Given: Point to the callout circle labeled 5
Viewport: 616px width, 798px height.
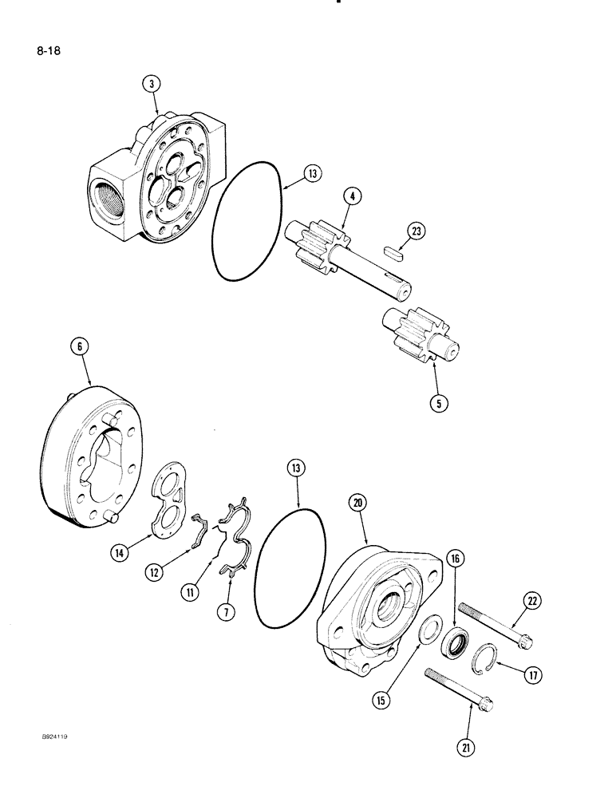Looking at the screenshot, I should (x=438, y=403).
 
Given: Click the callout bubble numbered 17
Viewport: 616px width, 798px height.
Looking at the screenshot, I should (x=532, y=675).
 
